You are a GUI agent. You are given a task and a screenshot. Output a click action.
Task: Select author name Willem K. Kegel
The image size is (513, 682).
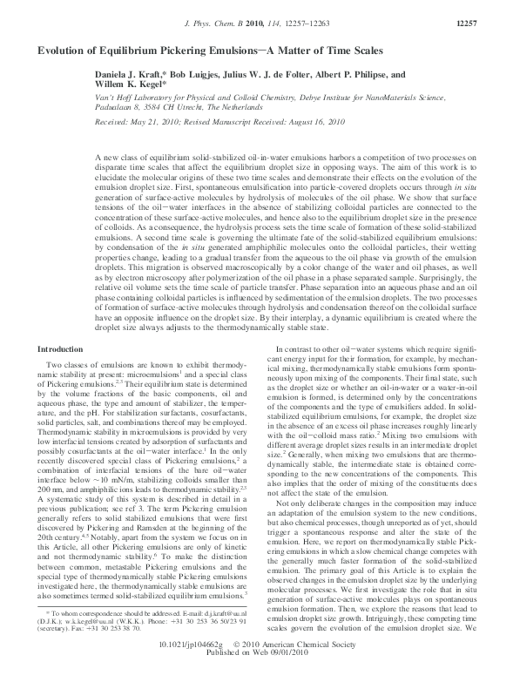[x=125, y=88]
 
